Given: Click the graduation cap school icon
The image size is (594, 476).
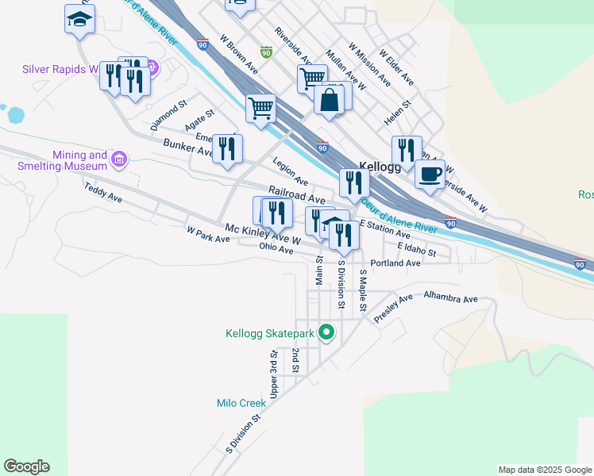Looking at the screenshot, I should coord(79,19).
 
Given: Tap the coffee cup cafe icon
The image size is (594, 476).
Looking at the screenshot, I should coord(430,174).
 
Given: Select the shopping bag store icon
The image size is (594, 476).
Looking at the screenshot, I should coord(328,101).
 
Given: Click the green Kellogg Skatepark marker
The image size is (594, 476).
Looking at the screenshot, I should coord(326,332).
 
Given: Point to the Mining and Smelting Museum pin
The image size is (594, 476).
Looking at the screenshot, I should coord(119,160).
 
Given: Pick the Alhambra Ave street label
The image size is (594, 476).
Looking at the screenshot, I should coord(450,299).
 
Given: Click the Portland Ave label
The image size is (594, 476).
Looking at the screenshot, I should coord(395,263).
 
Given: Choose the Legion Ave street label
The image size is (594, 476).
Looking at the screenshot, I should coord(290,172).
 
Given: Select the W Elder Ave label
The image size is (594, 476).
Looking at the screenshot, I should coord(396,68).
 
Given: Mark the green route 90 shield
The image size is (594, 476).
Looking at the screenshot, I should coord(267,53).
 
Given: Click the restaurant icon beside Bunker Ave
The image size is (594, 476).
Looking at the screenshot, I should coord(228,148).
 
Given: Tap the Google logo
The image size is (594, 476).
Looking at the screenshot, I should coord(26,466).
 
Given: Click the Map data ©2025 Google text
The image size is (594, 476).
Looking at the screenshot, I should coord(546,470).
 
